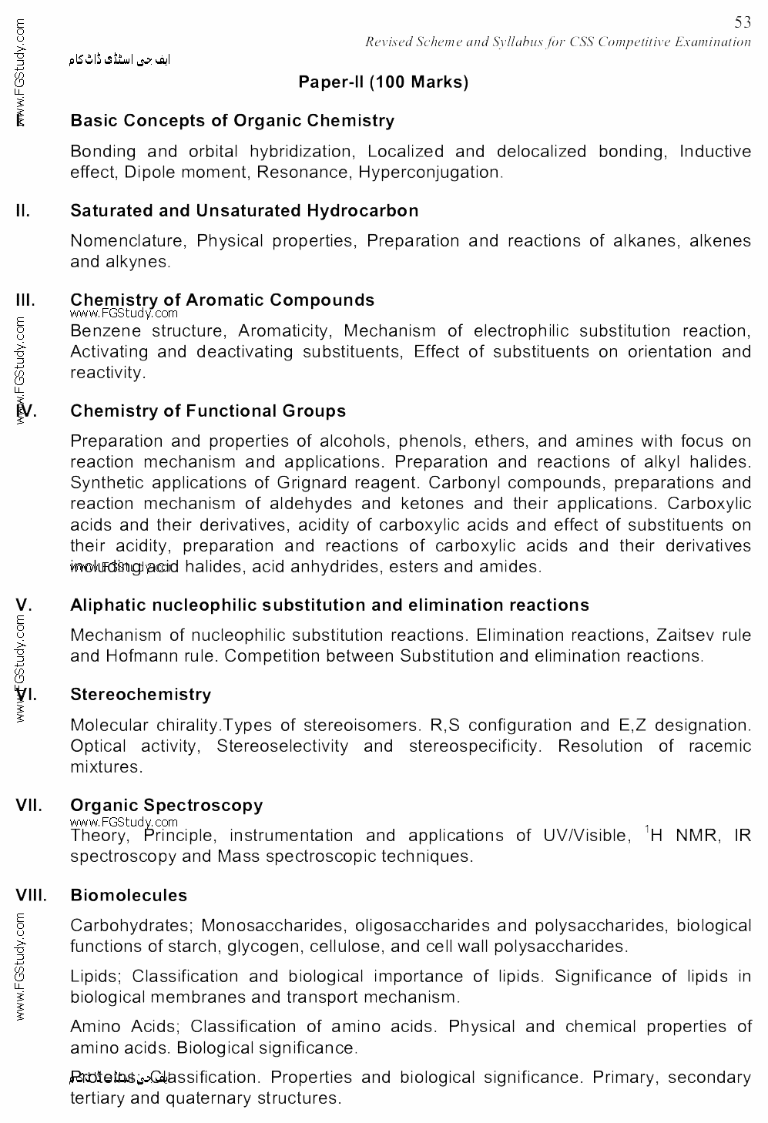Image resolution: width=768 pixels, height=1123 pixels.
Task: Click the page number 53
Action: coord(743,23)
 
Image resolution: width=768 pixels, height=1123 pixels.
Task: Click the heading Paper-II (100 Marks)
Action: coord(384,82)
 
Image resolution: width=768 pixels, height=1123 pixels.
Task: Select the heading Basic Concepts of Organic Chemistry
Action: coord(232,121)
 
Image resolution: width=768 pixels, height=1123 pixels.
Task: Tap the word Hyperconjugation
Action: coord(430,173)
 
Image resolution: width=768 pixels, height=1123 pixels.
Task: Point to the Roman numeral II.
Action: coord(22,211)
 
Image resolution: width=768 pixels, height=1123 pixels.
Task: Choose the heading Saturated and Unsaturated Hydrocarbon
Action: coord(244,211)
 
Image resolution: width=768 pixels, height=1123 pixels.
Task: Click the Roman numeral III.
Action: coord(25,300)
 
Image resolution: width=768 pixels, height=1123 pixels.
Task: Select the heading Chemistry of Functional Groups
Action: coord(208,411)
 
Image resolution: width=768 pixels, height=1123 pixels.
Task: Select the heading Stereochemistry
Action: coord(140,695)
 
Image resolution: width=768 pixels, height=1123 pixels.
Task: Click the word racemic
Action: coord(720,746)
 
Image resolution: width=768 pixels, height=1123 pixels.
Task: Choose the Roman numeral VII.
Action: coord(29,806)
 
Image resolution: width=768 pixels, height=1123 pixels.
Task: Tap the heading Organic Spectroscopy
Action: coord(166,806)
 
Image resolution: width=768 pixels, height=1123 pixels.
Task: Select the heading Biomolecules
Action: coord(129,896)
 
